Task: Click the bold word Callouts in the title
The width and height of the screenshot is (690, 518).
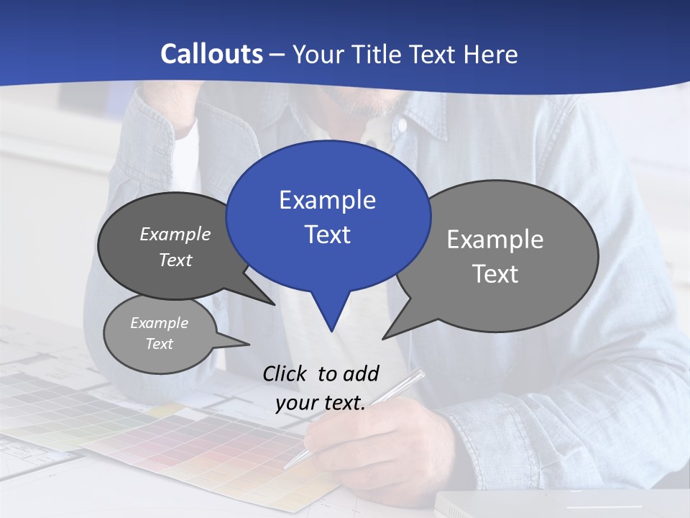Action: click(x=211, y=54)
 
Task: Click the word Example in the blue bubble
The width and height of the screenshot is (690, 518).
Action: click(x=327, y=200)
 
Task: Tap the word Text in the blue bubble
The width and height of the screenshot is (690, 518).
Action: click(x=328, y=235)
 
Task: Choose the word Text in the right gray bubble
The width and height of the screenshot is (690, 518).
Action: click(x=495, y=274)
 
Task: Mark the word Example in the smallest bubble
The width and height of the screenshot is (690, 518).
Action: click(x=159, y=323)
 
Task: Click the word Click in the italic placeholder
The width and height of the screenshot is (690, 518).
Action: click(x=285, y=373)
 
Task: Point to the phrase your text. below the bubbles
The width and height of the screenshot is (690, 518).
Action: click(x=321, y=403)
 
